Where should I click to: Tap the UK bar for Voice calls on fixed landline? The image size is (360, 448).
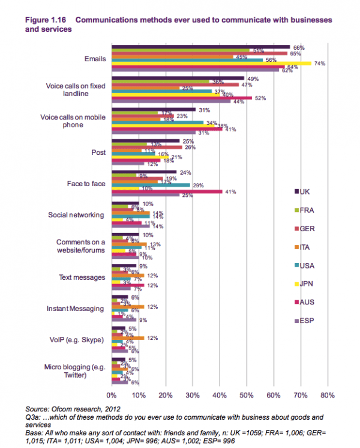[178, 78]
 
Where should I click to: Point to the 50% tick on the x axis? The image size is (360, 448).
[247, 395]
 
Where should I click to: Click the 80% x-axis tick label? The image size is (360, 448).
[328, 395]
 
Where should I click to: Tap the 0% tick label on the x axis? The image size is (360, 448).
[111, 395]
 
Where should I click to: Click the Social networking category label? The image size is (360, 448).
[77, 215]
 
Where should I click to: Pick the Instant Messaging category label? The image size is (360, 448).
[76, 309]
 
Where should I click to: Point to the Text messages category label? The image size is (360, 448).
[82, 277]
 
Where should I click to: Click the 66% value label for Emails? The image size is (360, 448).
[299, 47]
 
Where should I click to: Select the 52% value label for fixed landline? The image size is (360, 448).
[260, 98]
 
